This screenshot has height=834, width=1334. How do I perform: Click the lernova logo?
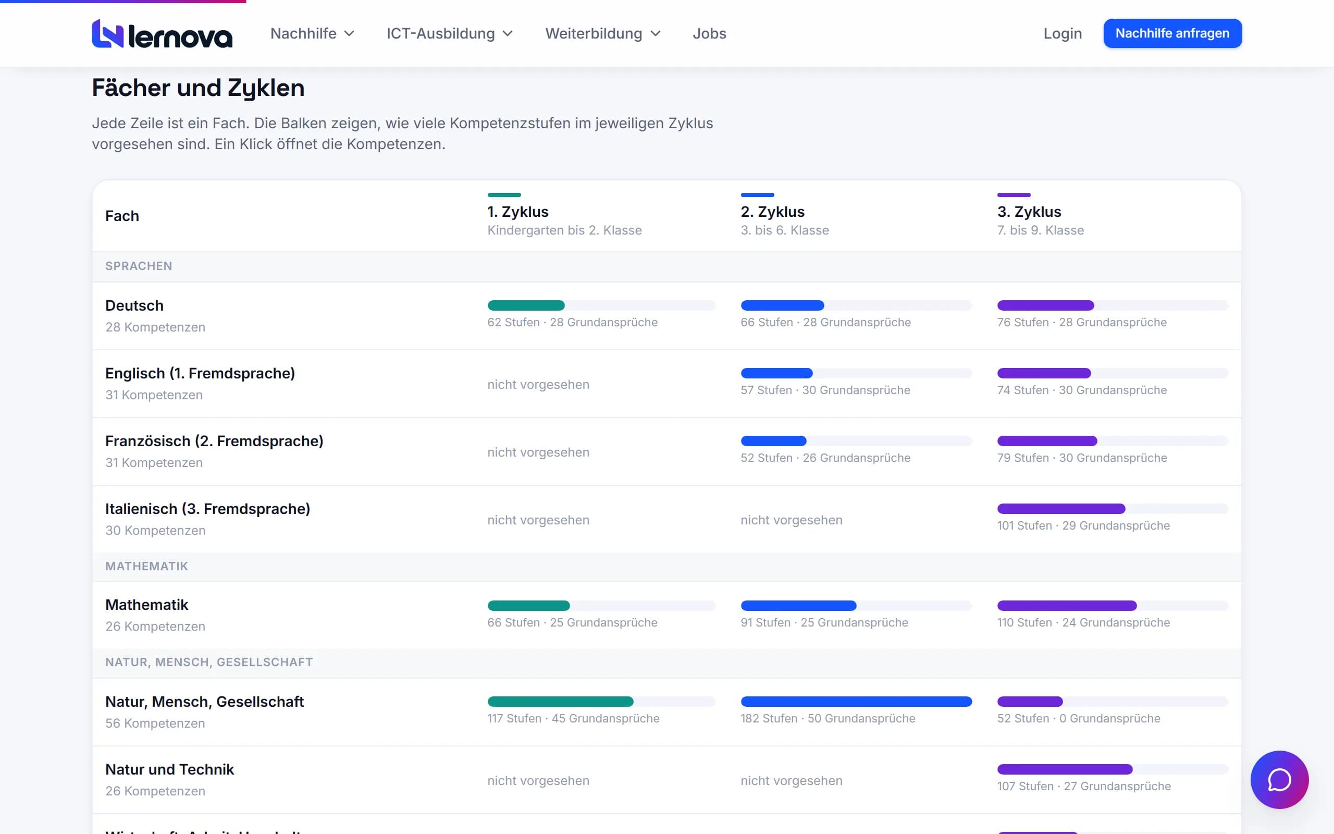coord(162,34)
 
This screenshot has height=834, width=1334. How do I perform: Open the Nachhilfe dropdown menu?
coord(312,34)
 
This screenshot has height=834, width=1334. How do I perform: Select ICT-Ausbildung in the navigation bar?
coord(449,34)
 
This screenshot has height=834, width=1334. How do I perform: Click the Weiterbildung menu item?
coord(602,34)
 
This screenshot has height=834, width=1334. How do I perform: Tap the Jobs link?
coord(709,34)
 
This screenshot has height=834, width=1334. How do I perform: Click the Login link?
coord(1062,34)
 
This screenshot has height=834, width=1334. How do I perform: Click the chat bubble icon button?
coord(1279,779)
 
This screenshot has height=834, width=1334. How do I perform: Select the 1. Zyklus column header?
coord(517,212)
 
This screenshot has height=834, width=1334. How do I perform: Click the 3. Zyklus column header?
coord(1029,212)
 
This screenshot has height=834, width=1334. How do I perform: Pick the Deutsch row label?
coord(134,305)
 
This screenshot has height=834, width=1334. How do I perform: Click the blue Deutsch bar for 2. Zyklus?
coord(782,305)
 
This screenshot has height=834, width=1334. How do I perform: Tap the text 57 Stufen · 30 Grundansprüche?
coord(825,390)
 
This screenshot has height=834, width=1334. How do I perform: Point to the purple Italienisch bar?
coord(1061,509)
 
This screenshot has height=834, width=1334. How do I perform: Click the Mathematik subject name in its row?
coord(146,605)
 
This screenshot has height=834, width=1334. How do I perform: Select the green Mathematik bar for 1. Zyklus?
coord(528,606)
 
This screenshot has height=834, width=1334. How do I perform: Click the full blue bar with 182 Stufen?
coord(856,702)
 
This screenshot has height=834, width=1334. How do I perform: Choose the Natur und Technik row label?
coord(170,769)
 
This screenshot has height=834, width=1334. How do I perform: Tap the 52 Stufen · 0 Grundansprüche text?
coord(1078,718)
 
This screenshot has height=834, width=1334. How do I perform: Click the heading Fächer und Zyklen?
coord(198,88)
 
